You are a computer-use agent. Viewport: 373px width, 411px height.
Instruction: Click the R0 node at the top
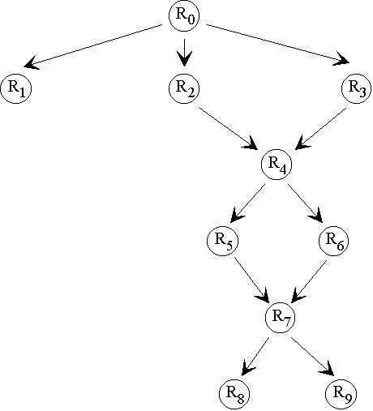click(184, 16)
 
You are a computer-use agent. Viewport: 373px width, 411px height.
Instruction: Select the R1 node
click(16, 88)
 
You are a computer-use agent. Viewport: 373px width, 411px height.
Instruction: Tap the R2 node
click(184, 88)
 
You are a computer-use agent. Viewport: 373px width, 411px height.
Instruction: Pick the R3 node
click(357, 88)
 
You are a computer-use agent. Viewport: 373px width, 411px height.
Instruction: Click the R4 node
click(277, 164)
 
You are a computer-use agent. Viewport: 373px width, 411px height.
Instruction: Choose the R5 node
click(223, 241)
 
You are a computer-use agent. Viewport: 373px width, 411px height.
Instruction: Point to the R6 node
click(334, 241)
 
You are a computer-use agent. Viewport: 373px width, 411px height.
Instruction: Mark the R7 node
click(280, 318)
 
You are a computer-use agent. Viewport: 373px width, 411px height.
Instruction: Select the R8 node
click(234, 394)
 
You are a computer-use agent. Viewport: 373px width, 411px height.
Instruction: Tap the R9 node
click(341, 394)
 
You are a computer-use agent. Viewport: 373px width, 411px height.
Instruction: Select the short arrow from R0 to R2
click(184, 53)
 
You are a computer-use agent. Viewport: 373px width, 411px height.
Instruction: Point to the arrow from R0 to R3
click(278, 45)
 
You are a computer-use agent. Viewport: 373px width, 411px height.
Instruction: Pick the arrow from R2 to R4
click(229, 128)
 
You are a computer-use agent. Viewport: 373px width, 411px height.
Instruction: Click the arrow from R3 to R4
click(320, 129)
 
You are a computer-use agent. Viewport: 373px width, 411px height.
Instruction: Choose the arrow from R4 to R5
click(248, 203)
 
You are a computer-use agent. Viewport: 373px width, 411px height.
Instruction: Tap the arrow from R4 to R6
click(306, 203)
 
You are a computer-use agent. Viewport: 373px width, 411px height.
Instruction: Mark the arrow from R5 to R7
click(251, 280)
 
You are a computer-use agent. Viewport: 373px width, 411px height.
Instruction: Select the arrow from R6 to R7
click(309, 281)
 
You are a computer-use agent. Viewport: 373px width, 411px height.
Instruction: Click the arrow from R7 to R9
click(313, 357)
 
